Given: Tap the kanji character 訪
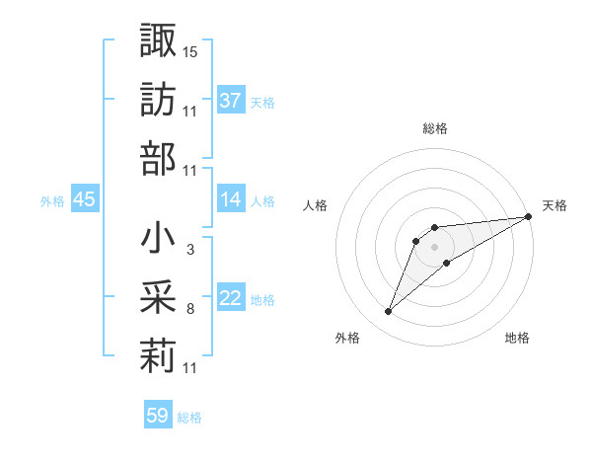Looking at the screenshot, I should click(x=158, y=99).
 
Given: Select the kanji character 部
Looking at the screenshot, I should click(x=158, y=158).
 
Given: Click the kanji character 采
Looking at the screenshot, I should click(x=158, y=297).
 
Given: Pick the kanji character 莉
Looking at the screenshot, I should click(x=158, y=356).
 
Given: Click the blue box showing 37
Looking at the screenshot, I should click(x=230, y=101).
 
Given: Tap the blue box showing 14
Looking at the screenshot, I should click(x=230, y=199).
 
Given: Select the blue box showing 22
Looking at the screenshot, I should click(x=230, y=298).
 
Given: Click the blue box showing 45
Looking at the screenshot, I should click(x=84, y=199).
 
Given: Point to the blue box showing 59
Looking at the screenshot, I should click(x=157, y=416).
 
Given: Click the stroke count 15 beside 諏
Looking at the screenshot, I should click(x=190, y=51).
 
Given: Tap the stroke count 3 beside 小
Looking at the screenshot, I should click(x=189, y=250).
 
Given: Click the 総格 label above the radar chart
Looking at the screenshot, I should click(x=435, y=128).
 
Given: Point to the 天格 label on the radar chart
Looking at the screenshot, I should click(x=555, y=205).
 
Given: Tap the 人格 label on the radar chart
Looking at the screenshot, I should click(x=316, y=205).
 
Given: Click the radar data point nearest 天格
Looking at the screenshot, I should click(x=528, y=217).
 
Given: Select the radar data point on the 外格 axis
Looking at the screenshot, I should click(x=389, y=312).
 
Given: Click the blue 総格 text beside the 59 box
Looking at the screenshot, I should click(x=189, y=418).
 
